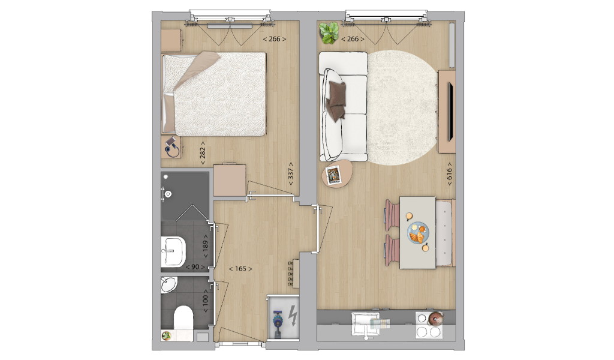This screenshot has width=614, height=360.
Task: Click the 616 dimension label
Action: (x=449, y=174)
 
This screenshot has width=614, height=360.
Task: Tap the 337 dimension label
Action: (x=291, y=174)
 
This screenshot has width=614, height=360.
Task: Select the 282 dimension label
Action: (x=203, y=153)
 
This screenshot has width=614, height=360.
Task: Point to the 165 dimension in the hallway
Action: (x=240, y=269)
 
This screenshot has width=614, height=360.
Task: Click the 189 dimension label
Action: (x=205, y=247)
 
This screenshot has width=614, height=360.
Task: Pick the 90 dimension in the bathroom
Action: (x=195, y=267)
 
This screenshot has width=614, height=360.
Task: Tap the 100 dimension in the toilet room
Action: (x=205, y=301)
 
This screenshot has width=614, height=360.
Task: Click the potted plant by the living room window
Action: (x=329, y=32)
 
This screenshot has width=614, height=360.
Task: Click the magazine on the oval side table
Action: (x=333, y=175)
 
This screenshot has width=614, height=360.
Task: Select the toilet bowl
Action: (x=183, y=317)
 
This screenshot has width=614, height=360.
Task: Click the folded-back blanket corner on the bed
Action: (x=197, y=69)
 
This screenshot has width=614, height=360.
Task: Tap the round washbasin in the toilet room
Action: (x=168, y=284)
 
